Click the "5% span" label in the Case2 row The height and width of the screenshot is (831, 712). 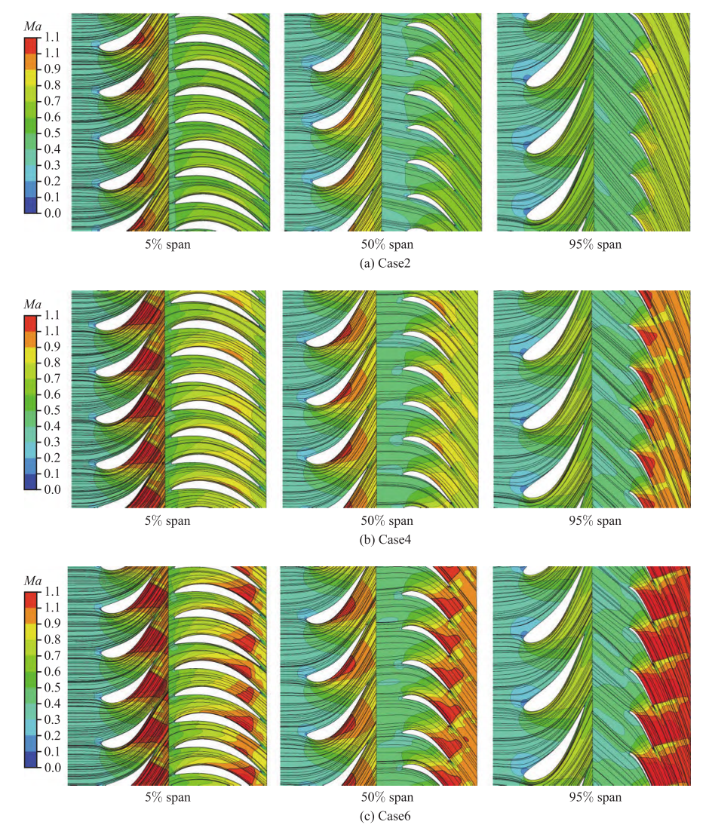click(x=170, y=244)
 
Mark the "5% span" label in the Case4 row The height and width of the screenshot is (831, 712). click(x=170, y=520)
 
